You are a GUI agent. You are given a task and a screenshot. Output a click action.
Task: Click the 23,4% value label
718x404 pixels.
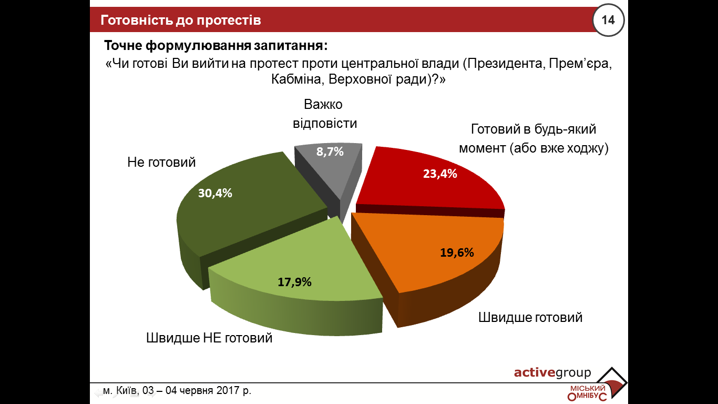pos(440,174)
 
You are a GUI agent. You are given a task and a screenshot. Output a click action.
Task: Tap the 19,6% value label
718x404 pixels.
pos(457,252)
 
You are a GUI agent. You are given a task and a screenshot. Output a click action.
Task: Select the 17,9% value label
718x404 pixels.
pos(295,282)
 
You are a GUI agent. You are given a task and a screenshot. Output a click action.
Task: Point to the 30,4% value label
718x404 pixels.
pos(215,193)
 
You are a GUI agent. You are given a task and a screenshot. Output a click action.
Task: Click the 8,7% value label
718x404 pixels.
pos(330,152)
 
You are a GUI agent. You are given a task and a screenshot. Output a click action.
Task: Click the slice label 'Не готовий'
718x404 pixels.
pos(161,162)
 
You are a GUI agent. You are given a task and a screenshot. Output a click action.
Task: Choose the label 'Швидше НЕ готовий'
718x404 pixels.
pos(209,338)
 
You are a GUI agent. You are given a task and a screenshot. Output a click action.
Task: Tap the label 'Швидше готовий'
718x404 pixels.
pos(530,318)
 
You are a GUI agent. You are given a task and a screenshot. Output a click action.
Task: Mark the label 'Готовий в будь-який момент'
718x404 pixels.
pos(534,139)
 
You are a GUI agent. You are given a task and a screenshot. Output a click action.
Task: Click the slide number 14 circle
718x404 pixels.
pos(608,21)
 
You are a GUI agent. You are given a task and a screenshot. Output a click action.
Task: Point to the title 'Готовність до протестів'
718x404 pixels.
pos(181,21)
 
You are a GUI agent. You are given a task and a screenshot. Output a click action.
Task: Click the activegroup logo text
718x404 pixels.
pos(552,373)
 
